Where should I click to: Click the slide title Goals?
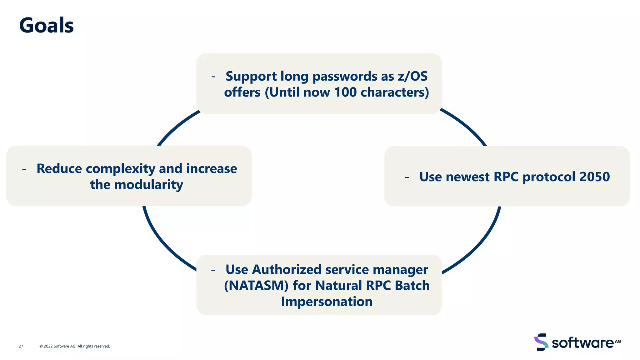(x=46, y=25)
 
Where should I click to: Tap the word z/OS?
(x=412, y=76)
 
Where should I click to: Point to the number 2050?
(x=594, y=177)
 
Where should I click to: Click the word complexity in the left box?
(x=120, y=169)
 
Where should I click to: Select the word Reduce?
(x=59, y=169)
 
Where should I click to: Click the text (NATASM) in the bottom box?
(x=256, y=286)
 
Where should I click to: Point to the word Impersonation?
(x=327, y=302)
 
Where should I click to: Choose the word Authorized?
(x=287, y=270)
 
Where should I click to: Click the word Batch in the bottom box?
(x=412, y=286)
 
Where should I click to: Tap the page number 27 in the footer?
(x=21, y=346)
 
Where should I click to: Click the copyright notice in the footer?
(x=75, y=346)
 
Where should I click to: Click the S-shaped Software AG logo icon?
(x=541, y=342)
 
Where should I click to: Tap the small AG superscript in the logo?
(x=618, y=341)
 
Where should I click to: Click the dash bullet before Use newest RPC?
(x=407, y=177)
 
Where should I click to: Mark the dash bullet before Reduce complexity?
(x=24, y=169)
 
